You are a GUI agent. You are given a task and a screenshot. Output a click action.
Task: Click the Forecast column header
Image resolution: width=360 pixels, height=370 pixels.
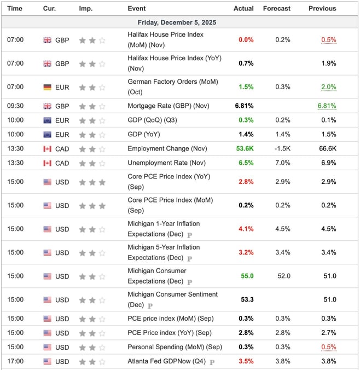tap(276, 8)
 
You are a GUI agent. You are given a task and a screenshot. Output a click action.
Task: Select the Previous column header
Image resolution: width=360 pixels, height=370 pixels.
tap(322, 8)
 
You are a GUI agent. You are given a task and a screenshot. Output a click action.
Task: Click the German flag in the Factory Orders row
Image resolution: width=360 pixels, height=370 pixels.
tap(48, 87)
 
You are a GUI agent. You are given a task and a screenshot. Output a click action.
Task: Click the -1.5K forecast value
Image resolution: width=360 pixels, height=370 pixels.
tap(283, 148)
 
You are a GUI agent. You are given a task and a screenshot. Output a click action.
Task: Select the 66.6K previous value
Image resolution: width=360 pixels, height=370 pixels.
tap(327, 148)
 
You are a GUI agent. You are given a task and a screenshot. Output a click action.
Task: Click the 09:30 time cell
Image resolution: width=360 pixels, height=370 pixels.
tap(15, 106)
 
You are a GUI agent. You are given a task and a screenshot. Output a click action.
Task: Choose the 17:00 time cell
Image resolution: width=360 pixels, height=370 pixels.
tap(15, 361)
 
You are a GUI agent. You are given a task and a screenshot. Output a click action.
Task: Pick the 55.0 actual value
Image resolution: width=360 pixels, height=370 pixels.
tap(247, 276)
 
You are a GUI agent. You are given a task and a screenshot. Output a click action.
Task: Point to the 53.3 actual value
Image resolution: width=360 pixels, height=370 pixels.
tap(247, 299)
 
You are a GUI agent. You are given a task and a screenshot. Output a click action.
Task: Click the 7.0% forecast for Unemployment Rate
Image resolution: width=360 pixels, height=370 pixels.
tap(283, 163)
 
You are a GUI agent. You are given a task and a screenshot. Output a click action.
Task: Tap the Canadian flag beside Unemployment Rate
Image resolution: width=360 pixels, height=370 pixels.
tap(48, 163)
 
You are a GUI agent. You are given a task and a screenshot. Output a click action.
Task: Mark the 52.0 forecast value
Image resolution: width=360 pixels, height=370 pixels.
tap(283, 276)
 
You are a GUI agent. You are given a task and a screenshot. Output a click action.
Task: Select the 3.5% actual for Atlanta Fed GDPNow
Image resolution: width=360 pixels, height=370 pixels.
tap(246, 361)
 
